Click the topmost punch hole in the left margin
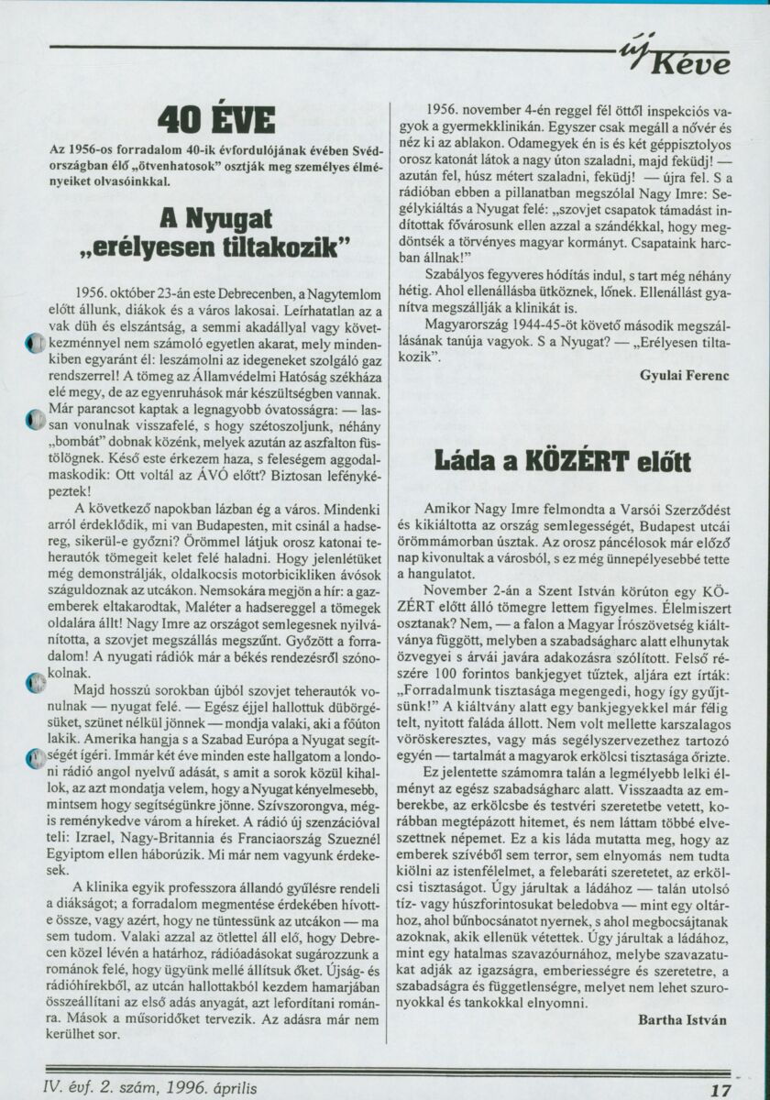coord(33,344)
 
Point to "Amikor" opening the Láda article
coord(451,507)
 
